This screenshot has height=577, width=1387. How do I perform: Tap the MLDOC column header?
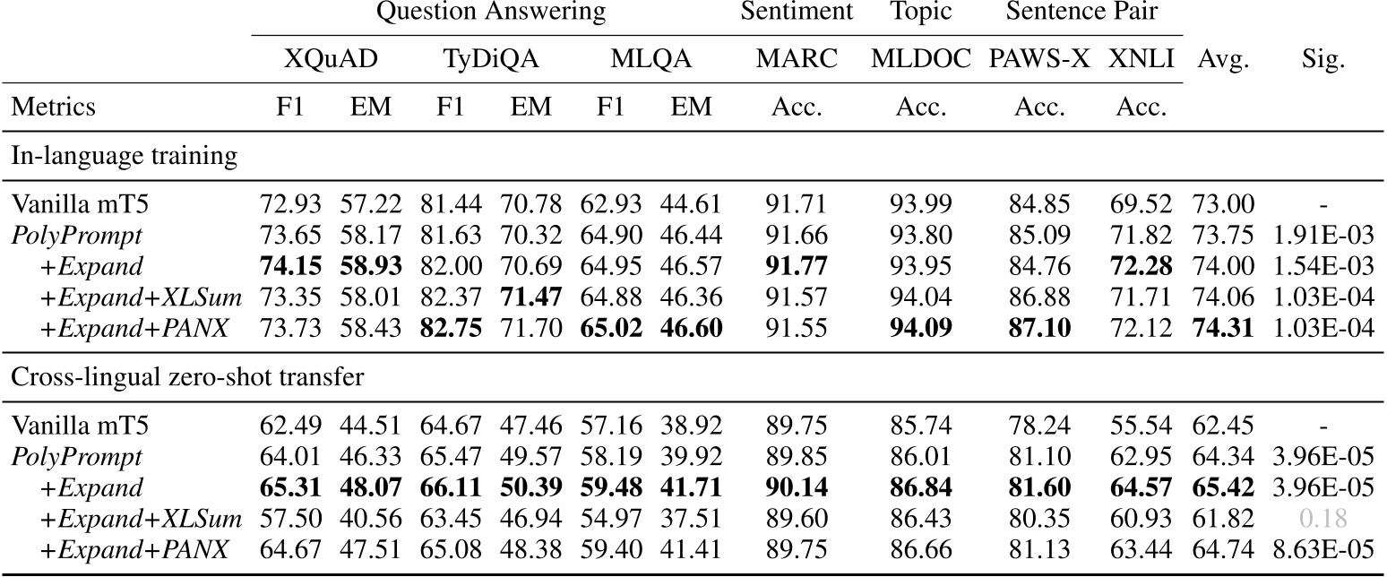pos(920,60)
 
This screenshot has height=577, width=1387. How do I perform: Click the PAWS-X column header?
pos(1039,60)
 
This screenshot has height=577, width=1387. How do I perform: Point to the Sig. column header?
pos(1322,60)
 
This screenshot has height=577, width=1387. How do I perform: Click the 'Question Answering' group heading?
pos(490,13)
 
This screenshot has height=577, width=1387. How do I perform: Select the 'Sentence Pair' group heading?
pos(1081,13)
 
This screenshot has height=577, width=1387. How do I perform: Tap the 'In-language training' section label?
pos(124,156)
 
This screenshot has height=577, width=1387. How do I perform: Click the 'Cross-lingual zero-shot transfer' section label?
pos(187,376)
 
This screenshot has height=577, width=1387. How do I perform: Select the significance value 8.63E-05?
pos(1322,548)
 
